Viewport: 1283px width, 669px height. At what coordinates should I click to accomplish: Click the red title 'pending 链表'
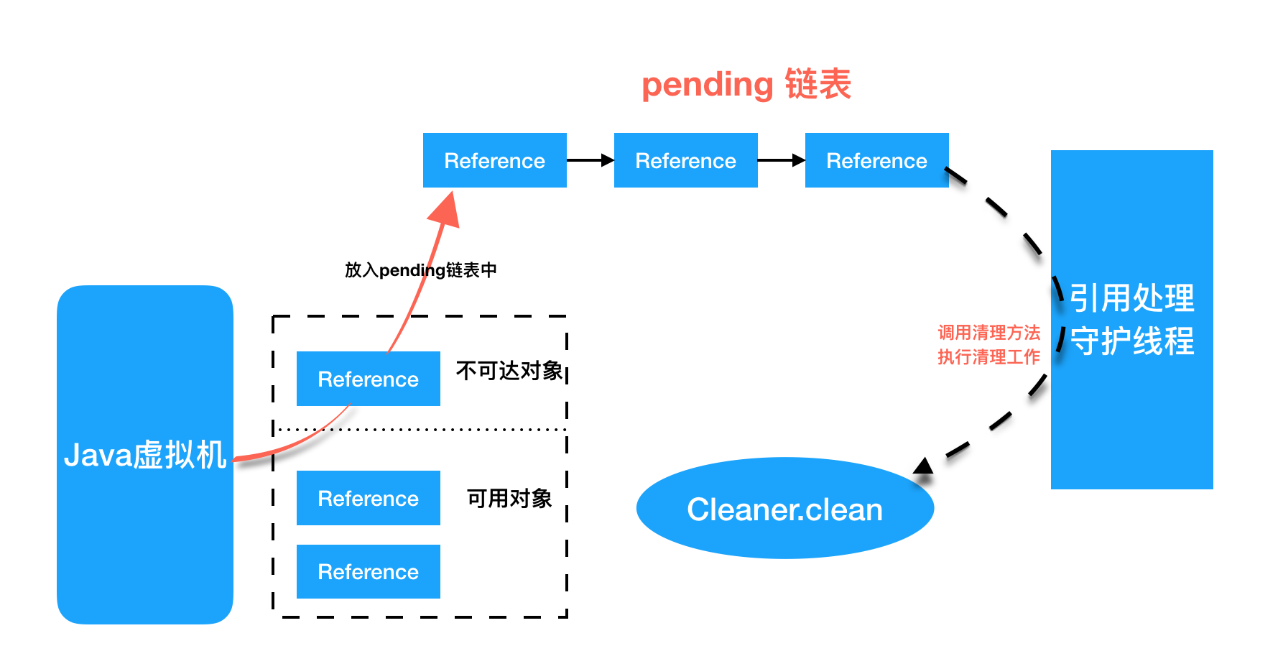746,85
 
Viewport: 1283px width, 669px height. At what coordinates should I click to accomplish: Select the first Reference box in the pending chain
494,160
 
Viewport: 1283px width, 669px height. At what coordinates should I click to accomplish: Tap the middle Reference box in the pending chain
685,160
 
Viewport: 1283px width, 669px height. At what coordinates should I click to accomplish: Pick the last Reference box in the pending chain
876,160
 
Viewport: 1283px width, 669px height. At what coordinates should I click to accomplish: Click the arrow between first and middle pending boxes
590,160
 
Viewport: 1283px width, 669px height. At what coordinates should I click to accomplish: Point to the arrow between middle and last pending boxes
781,160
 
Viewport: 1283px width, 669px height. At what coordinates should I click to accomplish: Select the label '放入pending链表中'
420,270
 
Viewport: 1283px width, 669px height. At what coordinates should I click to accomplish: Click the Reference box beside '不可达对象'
368,379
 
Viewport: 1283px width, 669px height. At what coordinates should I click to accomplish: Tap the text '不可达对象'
509,371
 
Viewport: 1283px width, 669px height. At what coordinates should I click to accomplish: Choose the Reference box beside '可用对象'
368,498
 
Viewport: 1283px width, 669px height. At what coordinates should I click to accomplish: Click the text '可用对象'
509,498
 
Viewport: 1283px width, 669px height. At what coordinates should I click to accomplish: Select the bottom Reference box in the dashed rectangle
368,571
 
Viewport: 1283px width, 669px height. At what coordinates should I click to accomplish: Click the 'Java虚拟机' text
145,455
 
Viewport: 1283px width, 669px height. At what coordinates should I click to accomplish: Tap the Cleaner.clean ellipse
784,509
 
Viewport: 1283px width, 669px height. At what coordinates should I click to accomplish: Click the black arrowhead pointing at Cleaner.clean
924,466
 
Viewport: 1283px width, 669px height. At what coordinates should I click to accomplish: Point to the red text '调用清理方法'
988,333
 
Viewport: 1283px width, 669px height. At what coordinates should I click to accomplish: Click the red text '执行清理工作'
988,357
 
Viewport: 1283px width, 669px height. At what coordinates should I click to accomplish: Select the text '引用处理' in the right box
1131,298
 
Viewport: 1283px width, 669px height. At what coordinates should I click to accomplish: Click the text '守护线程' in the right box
1131,341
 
